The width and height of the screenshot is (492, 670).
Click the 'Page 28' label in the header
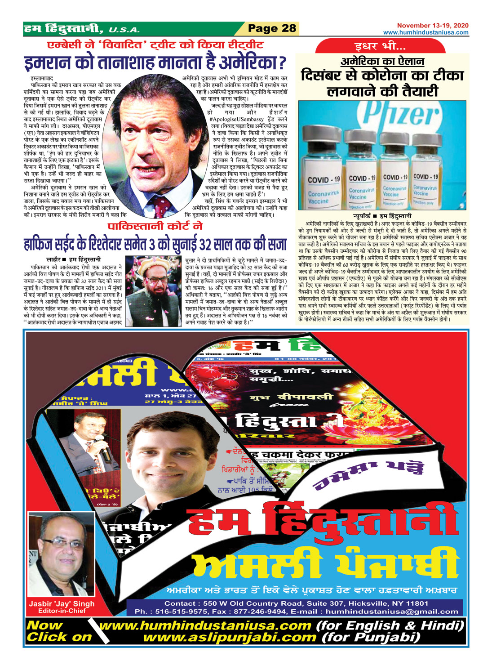tap(272, 29)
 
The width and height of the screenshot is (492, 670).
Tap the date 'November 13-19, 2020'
tap(432, 26)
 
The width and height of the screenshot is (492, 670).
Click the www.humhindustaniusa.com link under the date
tap(426, 32)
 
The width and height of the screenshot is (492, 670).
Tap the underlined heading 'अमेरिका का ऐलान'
tap(382, 62)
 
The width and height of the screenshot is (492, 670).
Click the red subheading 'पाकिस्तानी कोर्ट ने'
tap(155, 226)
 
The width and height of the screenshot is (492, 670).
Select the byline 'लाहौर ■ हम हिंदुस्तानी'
tap(74, 259)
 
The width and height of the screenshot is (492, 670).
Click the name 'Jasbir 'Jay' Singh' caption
tap(62, 604)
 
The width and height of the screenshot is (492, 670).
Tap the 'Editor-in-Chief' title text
tap(62, 611)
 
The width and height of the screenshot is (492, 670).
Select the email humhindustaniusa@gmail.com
tap(392, 612)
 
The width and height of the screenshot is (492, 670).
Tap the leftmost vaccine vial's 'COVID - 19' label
tap(324, 180)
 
